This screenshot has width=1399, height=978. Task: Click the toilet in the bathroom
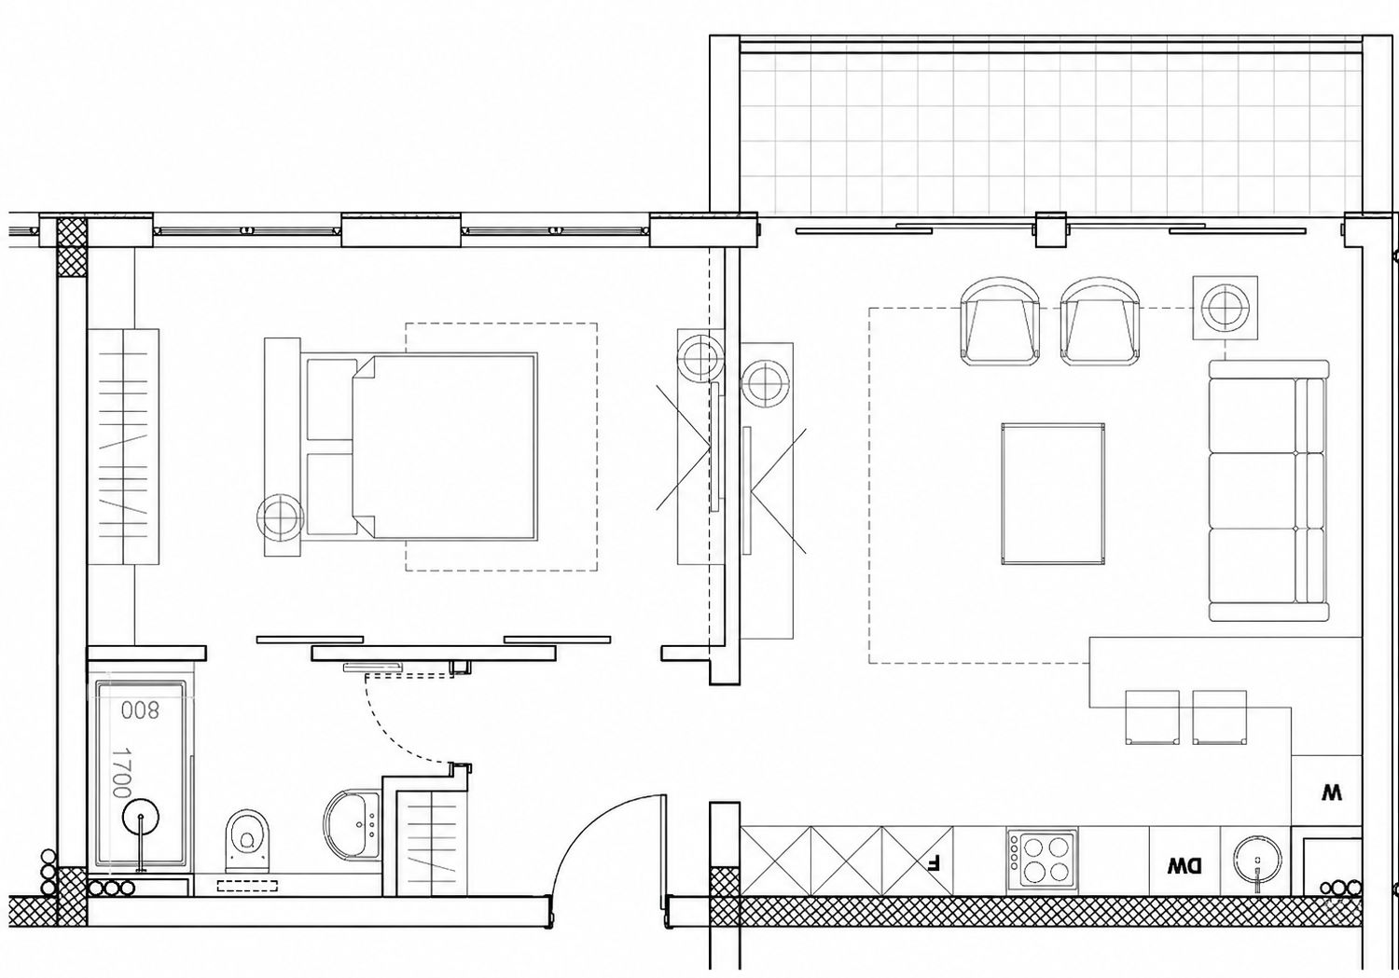248,841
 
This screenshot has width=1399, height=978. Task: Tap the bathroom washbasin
352,824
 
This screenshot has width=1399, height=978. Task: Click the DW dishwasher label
1184,866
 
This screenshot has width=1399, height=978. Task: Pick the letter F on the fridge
934,861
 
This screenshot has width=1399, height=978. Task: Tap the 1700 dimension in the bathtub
120,773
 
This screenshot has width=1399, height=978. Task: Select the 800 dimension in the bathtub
141,710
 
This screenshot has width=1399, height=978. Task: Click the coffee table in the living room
1053,494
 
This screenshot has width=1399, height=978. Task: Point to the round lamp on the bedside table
281,517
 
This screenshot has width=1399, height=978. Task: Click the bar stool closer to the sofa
1220,717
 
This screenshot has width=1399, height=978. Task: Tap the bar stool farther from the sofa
1152,717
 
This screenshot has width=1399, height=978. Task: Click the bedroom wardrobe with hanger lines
123,447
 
